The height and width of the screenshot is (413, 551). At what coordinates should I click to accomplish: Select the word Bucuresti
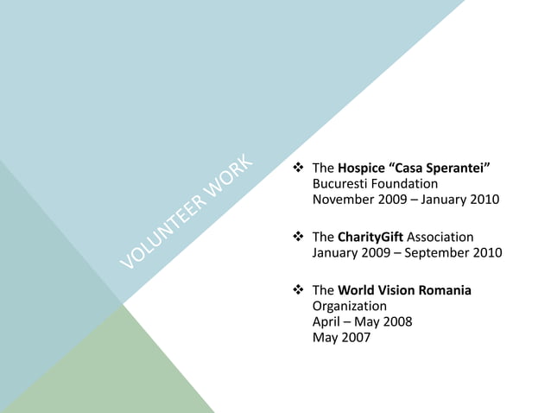click(x=344, y=184)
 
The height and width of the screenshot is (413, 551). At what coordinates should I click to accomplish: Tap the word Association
click(x=440, y=237)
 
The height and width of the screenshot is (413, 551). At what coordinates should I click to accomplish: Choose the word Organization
click(x=349, y=306)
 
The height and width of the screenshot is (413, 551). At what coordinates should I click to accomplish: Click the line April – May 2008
click(x=362, y=322)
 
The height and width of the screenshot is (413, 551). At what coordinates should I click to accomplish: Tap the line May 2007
click(x=341, y=339)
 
